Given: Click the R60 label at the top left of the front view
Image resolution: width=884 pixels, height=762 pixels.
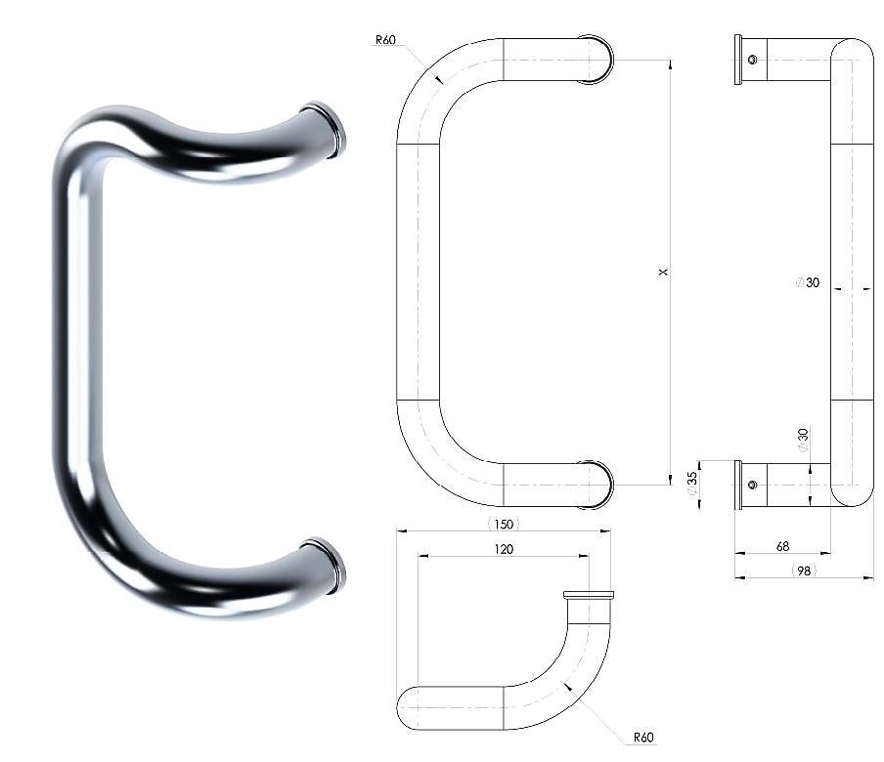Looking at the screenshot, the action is [385, 39].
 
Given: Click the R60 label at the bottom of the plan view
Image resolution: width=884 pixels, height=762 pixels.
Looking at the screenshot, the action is [643, 738].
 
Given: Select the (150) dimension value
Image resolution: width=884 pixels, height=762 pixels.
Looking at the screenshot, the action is [504, 524].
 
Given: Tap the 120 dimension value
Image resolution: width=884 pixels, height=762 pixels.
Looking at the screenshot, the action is [504, 549].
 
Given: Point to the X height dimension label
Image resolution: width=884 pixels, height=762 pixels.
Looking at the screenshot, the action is [663, 272].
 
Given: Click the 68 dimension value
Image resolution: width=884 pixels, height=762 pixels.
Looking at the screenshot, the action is [782, 546].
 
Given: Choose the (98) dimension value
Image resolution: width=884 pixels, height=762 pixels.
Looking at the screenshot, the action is [804, 571].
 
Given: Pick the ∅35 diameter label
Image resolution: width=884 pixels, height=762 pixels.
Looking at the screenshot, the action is [691, 483].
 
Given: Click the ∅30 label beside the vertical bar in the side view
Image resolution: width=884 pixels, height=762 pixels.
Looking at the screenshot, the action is [808, 282].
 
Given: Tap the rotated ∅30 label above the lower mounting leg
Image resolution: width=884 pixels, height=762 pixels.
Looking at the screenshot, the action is [803, 440].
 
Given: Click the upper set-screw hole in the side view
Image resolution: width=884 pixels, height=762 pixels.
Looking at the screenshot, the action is [753, 60].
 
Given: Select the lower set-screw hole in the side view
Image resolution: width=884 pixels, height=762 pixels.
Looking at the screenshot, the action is [753, 485].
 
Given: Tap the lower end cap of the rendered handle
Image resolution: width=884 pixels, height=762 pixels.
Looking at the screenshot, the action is [326, 566].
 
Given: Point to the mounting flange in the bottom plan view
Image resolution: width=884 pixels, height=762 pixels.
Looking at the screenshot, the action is [589, 595].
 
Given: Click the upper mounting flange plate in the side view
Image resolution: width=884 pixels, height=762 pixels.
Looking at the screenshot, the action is [738, 60].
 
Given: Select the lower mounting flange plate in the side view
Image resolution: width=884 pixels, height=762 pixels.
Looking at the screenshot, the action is [738, 485].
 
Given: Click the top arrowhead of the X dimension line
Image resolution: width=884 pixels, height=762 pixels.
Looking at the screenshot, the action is [670, 64].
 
